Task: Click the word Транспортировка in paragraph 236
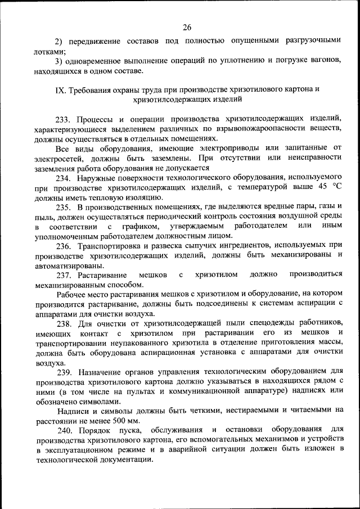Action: [108, 246]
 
